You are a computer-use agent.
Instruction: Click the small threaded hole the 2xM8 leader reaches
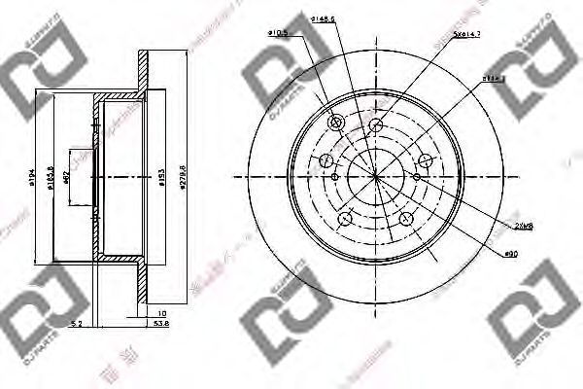[x=417, y=177]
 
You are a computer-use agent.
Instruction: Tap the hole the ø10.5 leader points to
[x=336, y=123]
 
